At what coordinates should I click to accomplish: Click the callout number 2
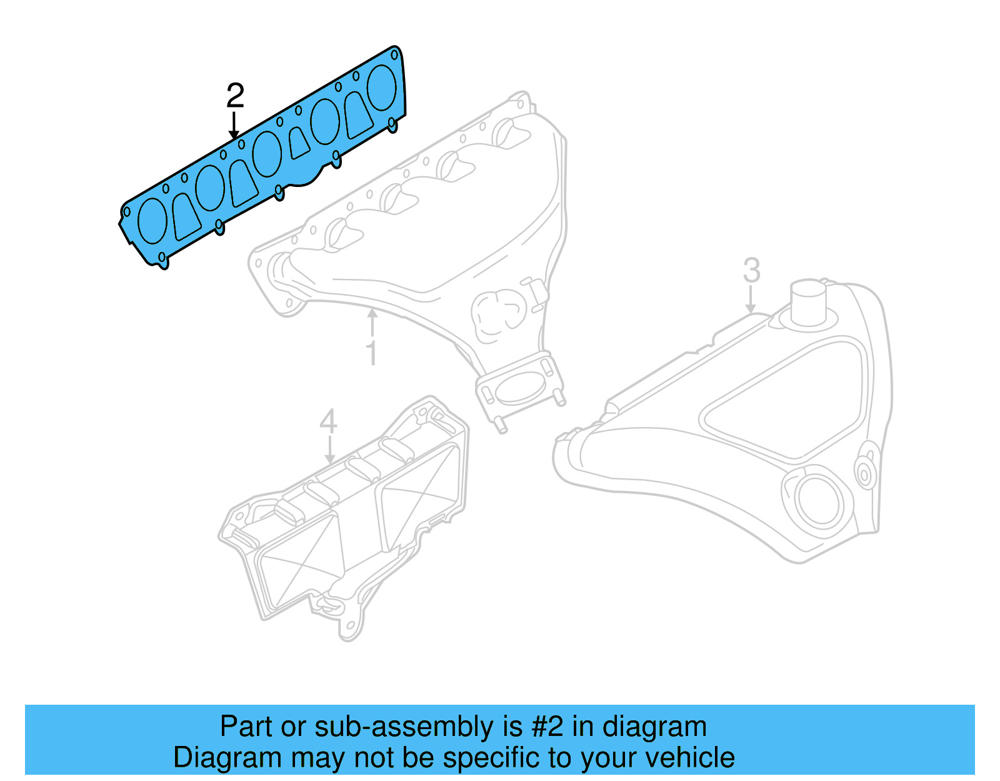235,96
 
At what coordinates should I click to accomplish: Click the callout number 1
372,353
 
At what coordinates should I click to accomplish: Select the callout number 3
752,271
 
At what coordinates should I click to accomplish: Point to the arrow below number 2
234,125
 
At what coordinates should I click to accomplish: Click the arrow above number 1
372,323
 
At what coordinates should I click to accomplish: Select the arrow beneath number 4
329,449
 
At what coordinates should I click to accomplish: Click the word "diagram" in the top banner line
654,727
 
